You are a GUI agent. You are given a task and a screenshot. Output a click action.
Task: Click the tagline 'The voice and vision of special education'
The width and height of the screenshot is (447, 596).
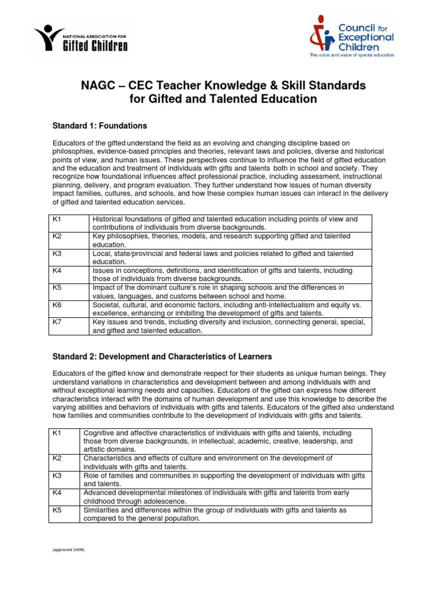coord(352,55)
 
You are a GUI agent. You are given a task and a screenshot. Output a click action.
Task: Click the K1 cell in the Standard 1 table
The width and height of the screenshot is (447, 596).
coord(56,219)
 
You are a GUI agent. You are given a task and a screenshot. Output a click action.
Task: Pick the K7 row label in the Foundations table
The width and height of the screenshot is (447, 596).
coord(56,321)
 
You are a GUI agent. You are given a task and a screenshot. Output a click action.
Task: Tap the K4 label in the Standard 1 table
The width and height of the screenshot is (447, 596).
coord(56,270)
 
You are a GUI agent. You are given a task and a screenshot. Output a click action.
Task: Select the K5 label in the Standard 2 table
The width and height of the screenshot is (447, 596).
coord(56,510)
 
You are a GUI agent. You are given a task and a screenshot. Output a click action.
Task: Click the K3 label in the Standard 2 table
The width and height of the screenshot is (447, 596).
coord(56,476)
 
